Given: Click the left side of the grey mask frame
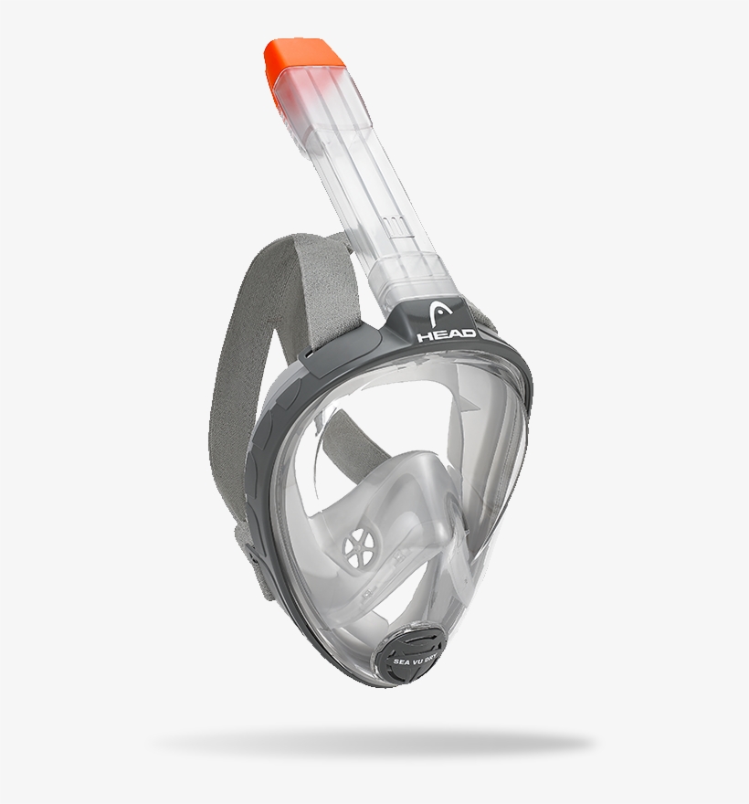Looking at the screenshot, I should pyautogui.click(x=260, y=457).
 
